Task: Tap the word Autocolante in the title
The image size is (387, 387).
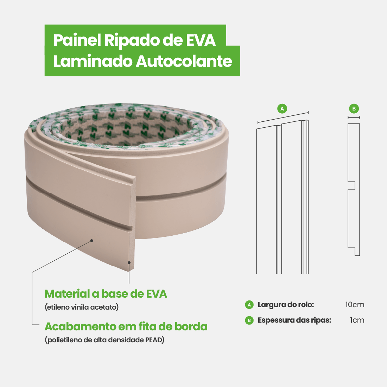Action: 184,61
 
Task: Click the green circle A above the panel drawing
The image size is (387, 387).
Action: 282,109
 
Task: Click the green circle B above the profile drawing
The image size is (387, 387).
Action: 354,109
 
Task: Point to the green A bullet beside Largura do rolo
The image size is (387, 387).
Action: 249,305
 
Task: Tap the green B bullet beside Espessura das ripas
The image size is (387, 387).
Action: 249,320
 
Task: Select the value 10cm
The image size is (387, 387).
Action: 355,305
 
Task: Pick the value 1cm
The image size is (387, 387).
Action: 357,320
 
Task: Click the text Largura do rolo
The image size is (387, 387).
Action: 286,305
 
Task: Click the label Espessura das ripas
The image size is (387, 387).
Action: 294,320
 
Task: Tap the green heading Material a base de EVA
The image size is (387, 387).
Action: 106,294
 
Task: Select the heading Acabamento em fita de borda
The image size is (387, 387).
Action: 126,326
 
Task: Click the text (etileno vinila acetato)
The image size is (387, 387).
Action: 82,307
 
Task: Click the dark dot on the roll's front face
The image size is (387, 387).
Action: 91,241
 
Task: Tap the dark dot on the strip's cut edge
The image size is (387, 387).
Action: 129,262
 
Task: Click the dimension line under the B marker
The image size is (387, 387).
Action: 354,118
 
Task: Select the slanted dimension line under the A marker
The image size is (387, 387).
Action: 283,118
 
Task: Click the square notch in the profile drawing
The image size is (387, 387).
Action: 352,185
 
